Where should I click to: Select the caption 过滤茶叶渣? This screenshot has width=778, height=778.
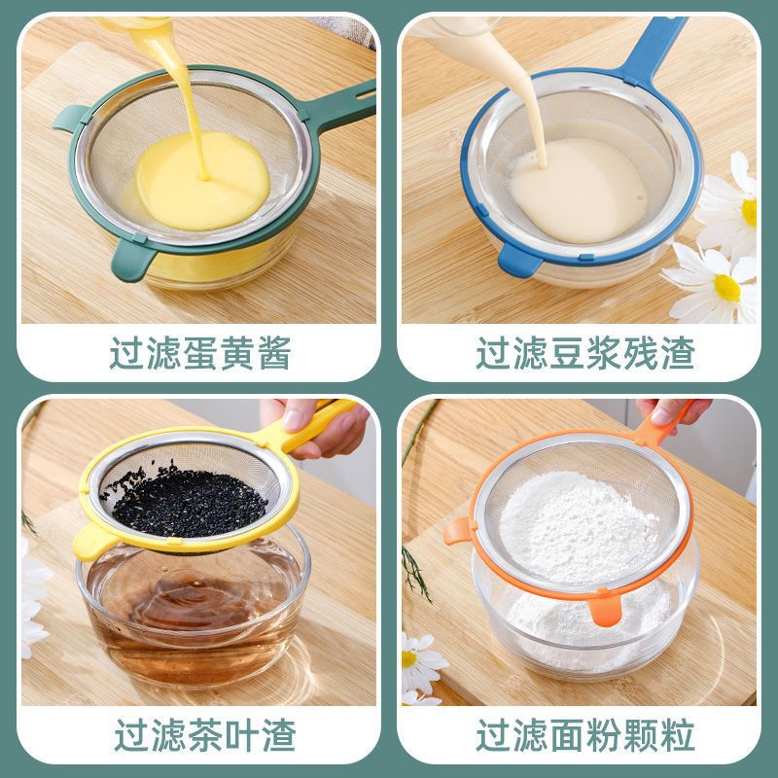pos(204,733)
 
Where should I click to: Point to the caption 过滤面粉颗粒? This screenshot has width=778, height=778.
pos(584,735)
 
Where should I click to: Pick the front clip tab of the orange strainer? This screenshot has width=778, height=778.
pos(603,610)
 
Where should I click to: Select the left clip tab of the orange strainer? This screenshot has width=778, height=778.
pos(457,530)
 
